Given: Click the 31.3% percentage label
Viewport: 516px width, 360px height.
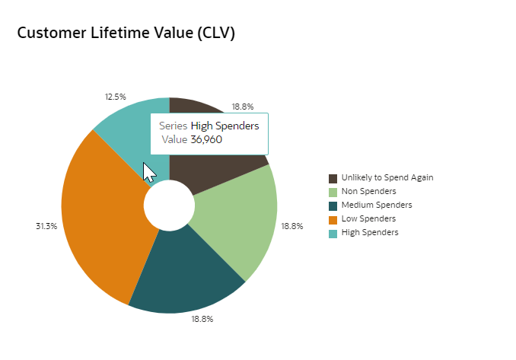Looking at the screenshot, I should tap(46, 226).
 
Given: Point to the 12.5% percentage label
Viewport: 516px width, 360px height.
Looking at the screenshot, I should tap(115, 97).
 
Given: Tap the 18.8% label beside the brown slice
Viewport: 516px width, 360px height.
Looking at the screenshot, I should tap(243, 107).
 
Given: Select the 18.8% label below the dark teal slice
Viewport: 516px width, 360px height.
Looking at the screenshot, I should tap(202, 319).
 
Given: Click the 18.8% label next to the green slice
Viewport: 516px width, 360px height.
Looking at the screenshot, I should tap(292, 226).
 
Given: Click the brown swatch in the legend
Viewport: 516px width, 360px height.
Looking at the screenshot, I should tap(333, 178).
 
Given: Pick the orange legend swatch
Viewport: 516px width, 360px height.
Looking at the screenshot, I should tap(333, 219).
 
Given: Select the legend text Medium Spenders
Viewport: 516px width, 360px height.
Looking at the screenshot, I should tap(377, 205).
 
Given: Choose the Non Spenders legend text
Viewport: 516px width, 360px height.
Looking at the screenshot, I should tap(369, 192).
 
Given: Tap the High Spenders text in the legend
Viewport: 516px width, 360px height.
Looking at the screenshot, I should tap(370, 233).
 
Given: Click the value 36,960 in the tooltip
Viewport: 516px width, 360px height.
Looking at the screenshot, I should tap(206, 139).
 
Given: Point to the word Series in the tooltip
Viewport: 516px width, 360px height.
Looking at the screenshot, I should tap(174, 126).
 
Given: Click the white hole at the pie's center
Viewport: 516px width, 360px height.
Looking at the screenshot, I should tap(169, 205).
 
